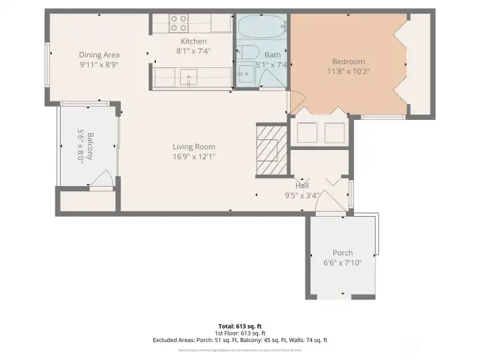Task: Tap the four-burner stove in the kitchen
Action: pos(178,23)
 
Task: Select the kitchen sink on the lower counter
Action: pos(190,77)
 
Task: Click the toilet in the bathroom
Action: pos(248,53)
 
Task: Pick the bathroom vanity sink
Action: pos(245,76)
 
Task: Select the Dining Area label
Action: pos(99,55)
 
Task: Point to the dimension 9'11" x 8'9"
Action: pos(99,65)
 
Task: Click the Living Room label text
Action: pos(194,147)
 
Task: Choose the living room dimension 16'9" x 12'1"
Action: pos(194,157)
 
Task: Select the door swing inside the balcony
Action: pos(102,179)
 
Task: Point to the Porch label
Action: pos(343,253)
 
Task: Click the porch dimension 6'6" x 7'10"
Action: pos(343,262)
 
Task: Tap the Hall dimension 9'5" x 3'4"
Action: pos(303,195)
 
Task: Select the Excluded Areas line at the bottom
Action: pos(240,340)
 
